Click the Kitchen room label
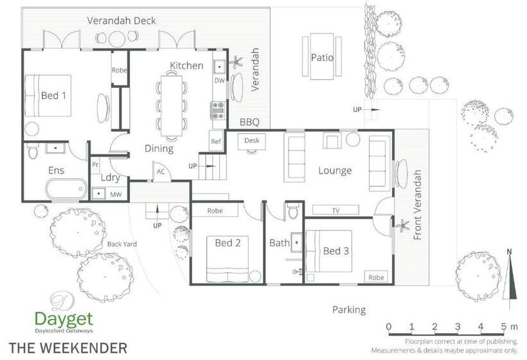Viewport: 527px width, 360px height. coord(186,65)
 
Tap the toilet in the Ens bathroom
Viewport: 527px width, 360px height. coord(33,150)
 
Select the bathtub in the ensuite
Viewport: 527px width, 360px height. coord(67,189)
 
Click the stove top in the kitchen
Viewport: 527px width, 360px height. coord(217,111)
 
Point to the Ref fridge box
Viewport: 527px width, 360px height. coord(216,141)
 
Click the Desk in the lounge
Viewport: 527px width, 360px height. coord(252,140)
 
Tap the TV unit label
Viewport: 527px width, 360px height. coord(335,210)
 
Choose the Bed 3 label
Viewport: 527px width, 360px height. coord(335,251)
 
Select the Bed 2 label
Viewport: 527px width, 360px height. coord(228,243)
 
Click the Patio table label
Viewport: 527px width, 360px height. coord(322,57)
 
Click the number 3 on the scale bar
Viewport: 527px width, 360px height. coord(458,327)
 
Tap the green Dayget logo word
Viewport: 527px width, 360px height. coord(64,319)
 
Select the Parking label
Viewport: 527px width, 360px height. coord(349,310)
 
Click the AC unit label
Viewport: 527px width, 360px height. coord(161,172)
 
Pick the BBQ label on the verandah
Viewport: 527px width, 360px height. coord(249,122)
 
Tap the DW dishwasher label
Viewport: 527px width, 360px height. coord(219,80)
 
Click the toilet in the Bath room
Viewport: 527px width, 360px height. coord(294,211)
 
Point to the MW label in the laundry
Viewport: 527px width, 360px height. coord(116,194)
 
